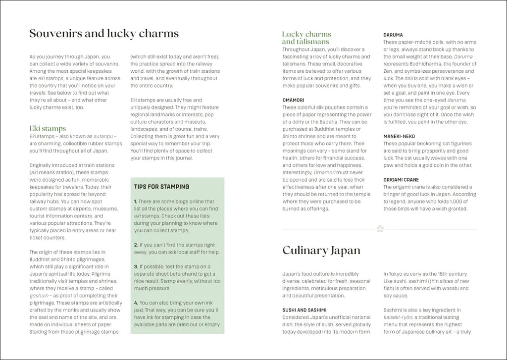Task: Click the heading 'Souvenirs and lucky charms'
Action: [104, 34]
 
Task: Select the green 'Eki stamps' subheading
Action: [48, 129]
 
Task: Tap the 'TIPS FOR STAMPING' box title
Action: [161, 187]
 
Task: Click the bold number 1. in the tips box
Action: [136, 202]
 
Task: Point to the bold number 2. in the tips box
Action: [136, 245]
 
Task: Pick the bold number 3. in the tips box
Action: [136, 266]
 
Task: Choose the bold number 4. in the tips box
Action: [136, 303]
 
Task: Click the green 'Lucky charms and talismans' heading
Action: [306, 38]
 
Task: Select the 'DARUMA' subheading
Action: [393, 35]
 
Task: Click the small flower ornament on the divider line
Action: [380, 229]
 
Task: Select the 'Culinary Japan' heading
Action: [321, 250]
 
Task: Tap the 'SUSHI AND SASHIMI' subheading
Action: [304, 310]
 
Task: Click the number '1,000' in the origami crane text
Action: [456, 202]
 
